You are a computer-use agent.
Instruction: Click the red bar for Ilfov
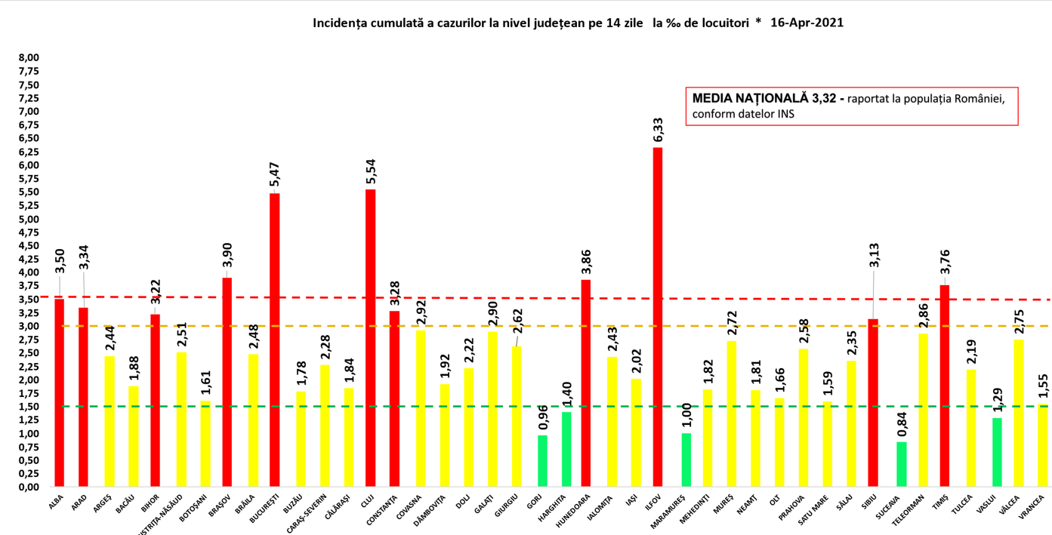pyautogui.click(x=658, y=317)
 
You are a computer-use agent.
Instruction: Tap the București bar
pyautogui.click(x=275, y=340)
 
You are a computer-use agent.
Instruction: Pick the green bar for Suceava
pyautogui.click(x=901, y=464)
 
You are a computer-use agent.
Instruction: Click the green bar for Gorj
pyautogui.click(x=542, y=461)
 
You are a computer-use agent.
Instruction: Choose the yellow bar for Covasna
pyautogui.click(x=420, y=408)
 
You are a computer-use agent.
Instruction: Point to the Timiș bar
pyautogui.click(x=944, y=386)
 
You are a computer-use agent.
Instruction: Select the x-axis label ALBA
pyautogui.click(x=56, y=503)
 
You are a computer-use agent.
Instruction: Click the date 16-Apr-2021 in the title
pyautogui.click(x=807, y=23)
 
